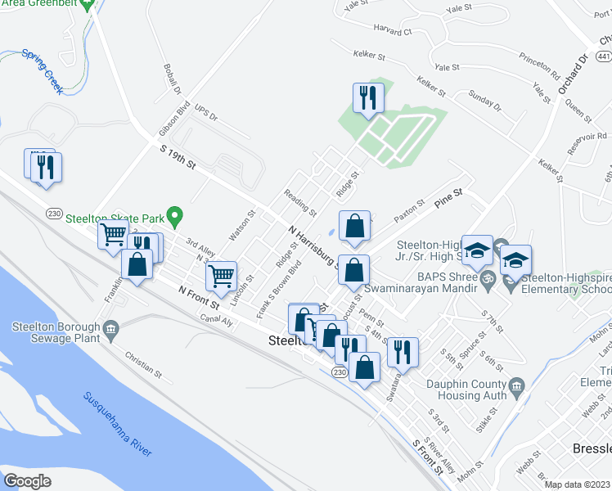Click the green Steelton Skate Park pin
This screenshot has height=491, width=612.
point(173,216)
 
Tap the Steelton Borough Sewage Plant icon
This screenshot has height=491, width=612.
point(112,328)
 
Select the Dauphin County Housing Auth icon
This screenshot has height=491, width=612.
point(516,385)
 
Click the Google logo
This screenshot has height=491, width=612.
point(28,480)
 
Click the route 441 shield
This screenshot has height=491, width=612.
point(603,56)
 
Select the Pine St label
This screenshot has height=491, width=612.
point(453,194)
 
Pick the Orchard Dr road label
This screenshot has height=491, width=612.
point(572,76)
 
